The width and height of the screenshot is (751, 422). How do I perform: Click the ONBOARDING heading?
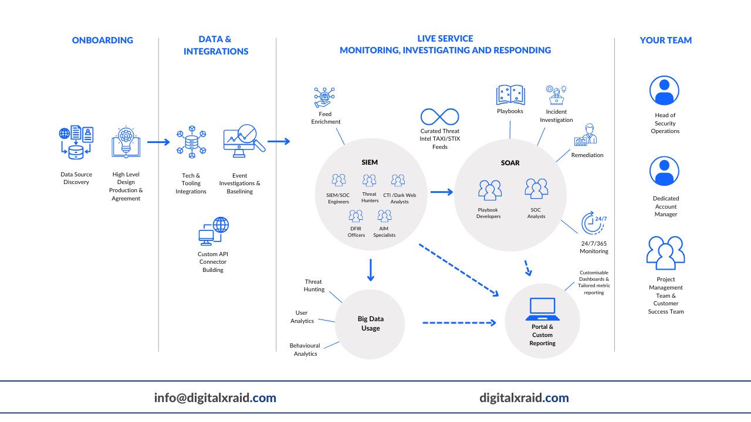103,40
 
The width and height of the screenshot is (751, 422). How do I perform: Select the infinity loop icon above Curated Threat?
439,116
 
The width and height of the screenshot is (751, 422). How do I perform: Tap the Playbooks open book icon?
510,95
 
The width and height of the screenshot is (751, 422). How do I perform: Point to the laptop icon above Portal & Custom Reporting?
542,309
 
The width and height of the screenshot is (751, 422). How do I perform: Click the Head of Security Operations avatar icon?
664,91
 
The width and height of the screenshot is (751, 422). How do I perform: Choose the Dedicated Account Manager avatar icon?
664,171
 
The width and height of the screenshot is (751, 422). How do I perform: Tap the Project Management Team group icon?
665,252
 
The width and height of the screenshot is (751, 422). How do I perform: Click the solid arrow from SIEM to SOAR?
441,192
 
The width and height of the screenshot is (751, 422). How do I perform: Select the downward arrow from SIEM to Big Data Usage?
370,270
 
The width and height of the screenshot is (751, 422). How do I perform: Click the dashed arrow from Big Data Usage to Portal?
459,322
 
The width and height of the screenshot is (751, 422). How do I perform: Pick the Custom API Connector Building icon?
213,231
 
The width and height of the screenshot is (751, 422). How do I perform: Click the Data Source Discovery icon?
76,142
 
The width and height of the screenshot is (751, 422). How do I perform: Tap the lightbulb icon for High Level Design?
126,142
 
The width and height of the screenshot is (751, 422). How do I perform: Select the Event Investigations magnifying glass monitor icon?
243,141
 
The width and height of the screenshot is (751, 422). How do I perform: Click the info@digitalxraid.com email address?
215,398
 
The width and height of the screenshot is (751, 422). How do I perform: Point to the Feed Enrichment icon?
324,97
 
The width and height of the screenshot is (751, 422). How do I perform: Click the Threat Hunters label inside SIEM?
370,198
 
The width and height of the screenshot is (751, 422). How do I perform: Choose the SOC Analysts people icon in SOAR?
536,189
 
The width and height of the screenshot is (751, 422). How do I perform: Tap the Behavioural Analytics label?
305,350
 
